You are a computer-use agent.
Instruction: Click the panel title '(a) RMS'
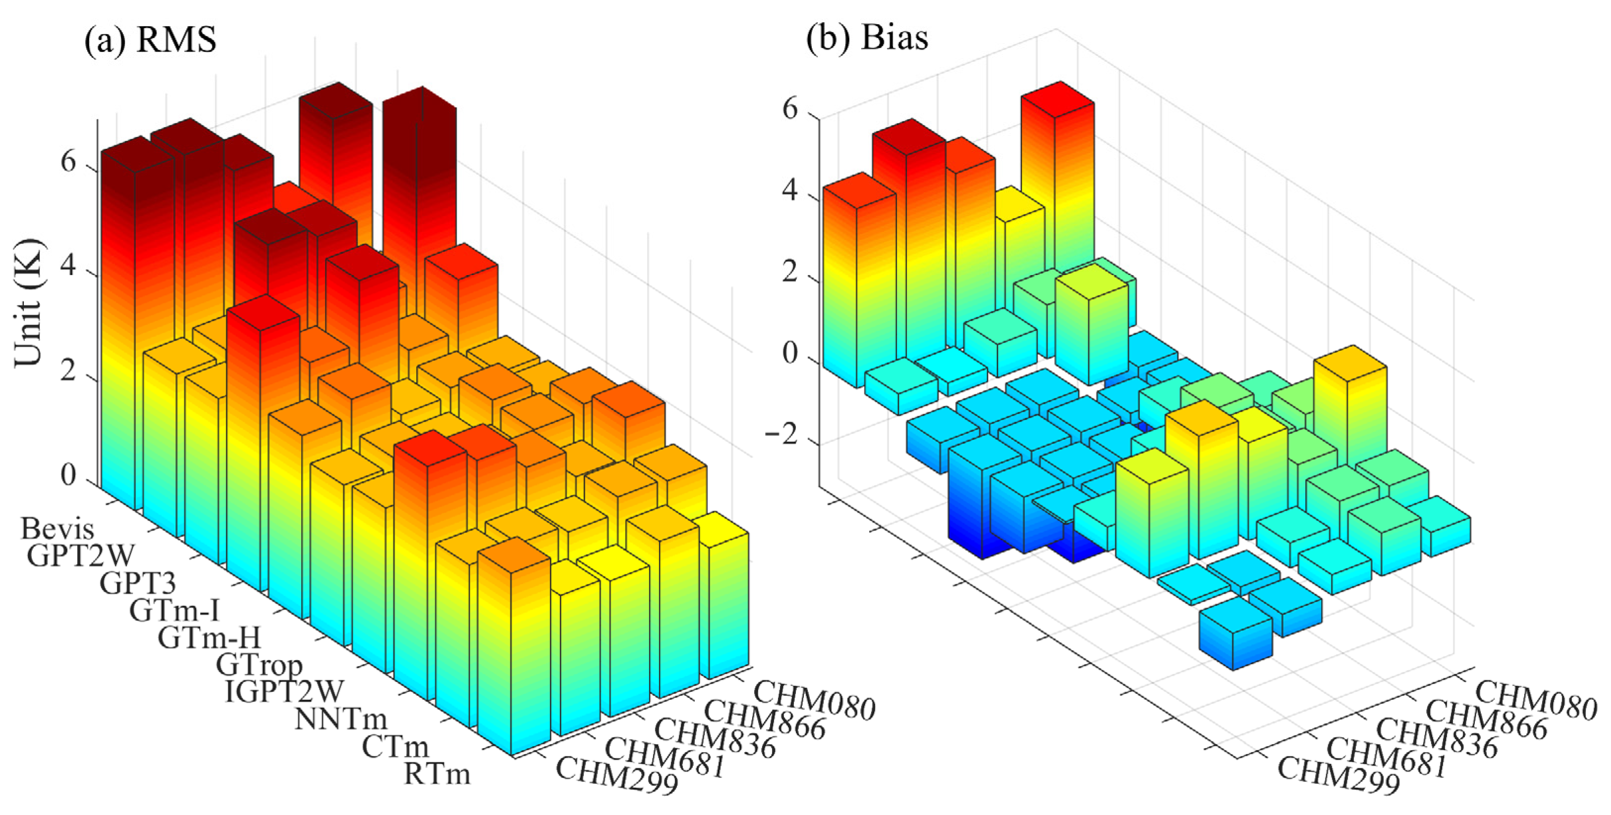150,40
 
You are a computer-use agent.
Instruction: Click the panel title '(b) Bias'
867,38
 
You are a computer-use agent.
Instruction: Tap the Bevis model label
57,529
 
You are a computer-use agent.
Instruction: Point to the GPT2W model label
81,556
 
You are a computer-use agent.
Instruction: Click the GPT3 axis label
138,583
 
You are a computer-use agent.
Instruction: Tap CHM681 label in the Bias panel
1387,758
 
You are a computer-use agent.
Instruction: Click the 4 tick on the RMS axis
68,267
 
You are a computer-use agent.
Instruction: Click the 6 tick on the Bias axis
790,110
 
